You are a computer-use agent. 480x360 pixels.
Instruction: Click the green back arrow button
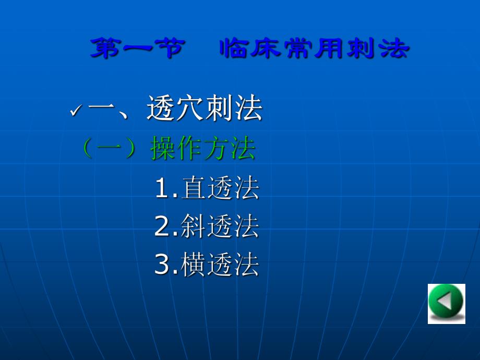click(x=446, y=304)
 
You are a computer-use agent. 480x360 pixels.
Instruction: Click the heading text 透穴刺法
click(x=204, y=109)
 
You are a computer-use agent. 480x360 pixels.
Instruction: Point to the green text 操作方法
click(x=203, y=149)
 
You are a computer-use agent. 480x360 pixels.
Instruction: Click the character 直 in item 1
click(x=194, y=188)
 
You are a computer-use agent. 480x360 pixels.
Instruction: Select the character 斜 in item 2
click(x=194, y=226)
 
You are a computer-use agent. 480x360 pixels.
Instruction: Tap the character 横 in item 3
click(x=194, y=265)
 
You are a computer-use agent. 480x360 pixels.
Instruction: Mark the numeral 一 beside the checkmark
click(x=102, y=110)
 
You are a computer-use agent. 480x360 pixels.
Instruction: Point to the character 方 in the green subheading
click(x=217, y=149)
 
